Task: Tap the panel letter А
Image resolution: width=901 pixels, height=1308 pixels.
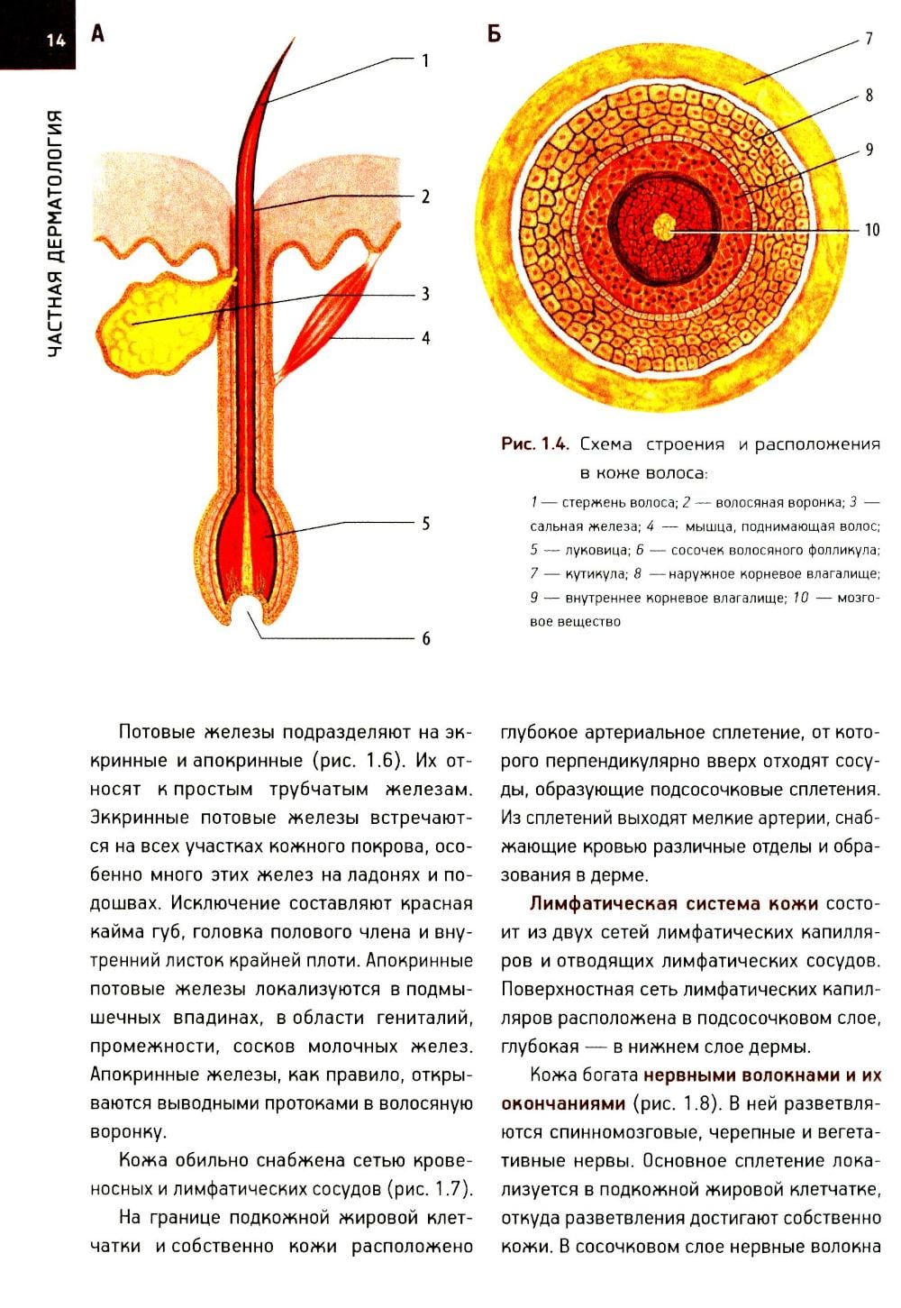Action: [x=97, y=34]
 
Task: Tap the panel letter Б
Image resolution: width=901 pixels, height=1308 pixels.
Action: [x=494, y=34]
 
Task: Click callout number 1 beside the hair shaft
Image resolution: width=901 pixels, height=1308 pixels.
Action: [x=425, y=60]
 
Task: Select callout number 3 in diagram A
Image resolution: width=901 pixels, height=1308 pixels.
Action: [x=425, y=294]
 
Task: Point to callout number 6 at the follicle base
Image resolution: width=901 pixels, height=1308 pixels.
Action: [x=425, y=638]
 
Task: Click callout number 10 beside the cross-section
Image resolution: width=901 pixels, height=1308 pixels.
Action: [x=871, y=229]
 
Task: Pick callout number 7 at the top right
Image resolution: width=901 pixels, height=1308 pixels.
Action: [x=869, y=39]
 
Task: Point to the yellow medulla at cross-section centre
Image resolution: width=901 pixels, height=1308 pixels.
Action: [x=665, y=226]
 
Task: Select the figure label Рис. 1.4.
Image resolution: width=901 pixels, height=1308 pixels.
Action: [x=535, y=444]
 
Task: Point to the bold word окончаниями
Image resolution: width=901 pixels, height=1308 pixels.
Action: [x=562, y=1103]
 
